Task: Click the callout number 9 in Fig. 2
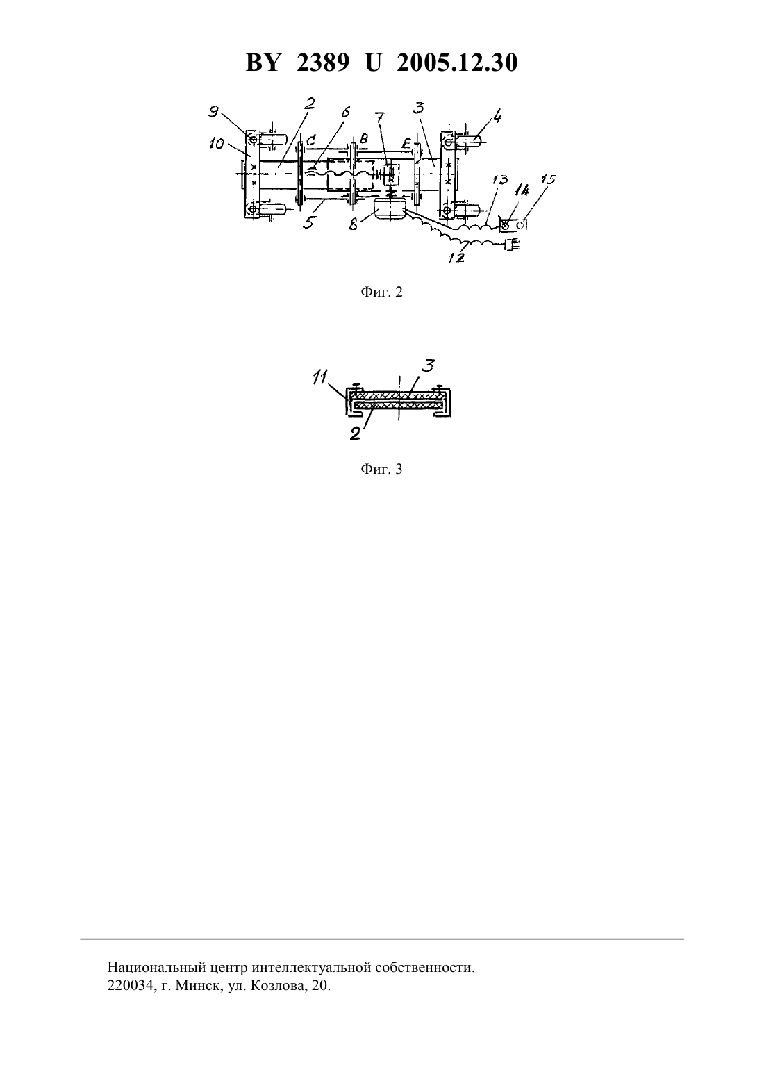[x=213, y=111]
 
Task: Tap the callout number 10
[x=217, y=143]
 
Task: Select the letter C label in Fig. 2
[x=310, y=140]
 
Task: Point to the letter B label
[x=364, y=138]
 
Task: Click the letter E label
[x=406, y=143]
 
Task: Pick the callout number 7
[x=381, y=117]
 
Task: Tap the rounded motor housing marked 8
[x=390, y=209]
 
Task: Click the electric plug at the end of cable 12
[x=513, y=245]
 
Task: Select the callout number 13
[x=501, y=179]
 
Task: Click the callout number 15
[x=548, y=179]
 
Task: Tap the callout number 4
[x=497, y=116]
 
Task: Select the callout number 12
[x=456, y=258]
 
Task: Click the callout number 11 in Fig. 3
[x=320, y=377]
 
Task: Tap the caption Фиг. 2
[x=381, y=292]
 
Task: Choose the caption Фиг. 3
[x=381, y=469]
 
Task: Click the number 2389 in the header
[x=323, y=63]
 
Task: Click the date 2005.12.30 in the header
[x=457, y=63]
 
